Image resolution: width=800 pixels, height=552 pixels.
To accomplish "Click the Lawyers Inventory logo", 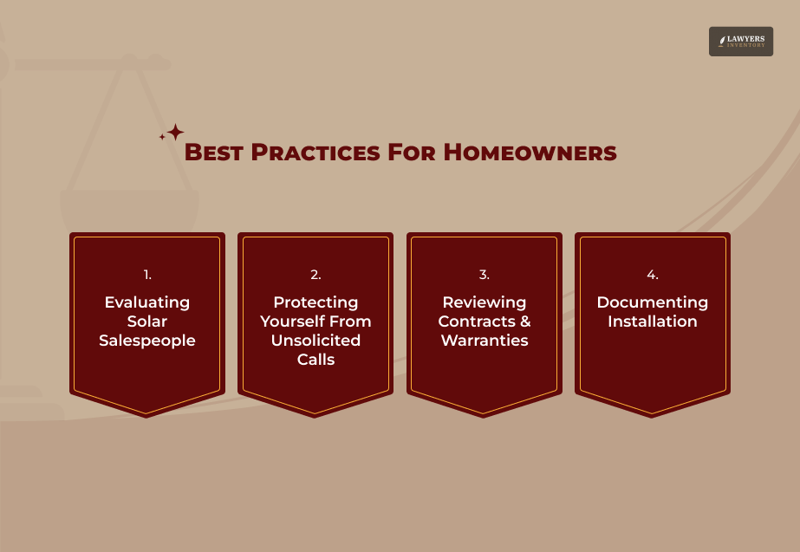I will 740,42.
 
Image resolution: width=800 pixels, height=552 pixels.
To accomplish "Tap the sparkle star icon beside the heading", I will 173,133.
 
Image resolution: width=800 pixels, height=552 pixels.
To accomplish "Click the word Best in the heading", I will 214,153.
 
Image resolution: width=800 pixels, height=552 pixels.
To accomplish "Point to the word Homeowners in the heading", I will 530,153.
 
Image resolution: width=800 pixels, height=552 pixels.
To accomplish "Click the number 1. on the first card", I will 147,275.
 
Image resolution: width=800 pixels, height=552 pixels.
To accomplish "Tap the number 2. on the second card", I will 315,275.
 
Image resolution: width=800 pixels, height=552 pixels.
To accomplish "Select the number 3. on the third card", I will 484,275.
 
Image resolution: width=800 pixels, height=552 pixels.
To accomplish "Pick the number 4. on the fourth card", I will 652,275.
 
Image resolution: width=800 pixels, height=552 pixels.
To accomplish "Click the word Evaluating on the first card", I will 147,302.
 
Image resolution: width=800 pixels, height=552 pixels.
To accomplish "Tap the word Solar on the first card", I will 147,321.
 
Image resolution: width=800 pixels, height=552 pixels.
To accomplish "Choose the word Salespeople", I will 147,341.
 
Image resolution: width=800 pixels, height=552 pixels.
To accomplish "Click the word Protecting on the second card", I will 315,302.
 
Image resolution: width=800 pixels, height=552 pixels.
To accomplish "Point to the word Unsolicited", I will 315,341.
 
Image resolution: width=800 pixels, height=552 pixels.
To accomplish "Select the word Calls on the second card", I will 315,360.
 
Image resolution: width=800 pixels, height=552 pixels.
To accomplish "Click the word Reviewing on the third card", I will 484,302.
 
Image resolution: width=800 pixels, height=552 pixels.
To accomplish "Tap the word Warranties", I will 485,341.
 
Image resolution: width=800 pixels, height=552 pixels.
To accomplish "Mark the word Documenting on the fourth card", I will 652,302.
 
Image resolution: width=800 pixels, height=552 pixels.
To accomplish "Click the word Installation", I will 652,321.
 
